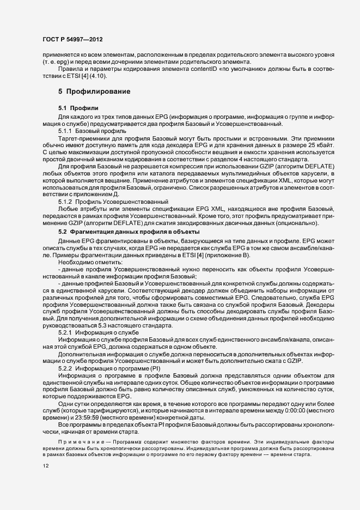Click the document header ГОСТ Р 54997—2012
point(72,40)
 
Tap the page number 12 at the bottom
point(45,466)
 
